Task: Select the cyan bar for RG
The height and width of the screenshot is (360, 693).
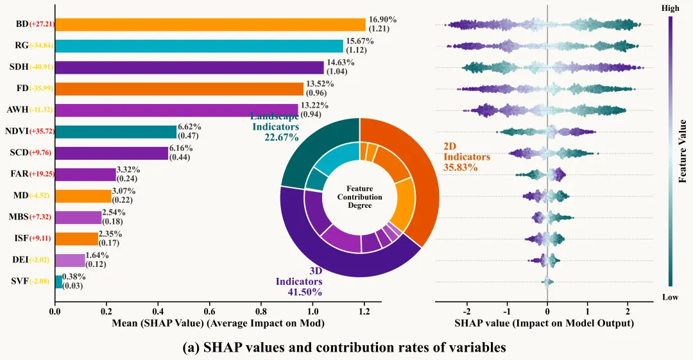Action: click(x=199, y=46)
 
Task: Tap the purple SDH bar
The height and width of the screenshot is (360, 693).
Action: click(x=189, y=67)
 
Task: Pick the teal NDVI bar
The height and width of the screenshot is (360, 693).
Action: click(x=116, y=132)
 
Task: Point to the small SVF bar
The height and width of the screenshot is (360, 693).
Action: click(x=58, y=282)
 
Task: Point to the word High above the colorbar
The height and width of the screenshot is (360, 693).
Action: click(x=669, y=8)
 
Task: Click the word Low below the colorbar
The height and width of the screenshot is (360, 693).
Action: click(x=669, y=296)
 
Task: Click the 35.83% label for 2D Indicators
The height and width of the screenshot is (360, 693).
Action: click(x=458, y=167)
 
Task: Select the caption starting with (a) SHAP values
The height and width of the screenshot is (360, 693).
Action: click(x=345, y=347)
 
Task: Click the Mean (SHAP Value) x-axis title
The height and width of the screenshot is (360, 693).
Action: click(x=218, y=324)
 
